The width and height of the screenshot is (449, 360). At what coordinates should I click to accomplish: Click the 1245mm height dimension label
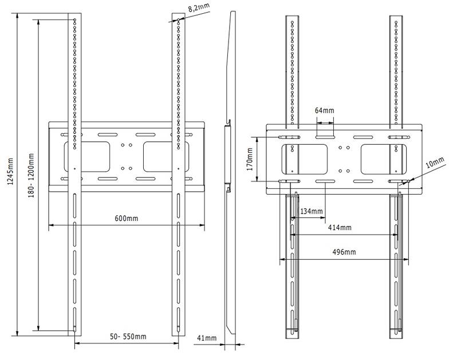(10, 171)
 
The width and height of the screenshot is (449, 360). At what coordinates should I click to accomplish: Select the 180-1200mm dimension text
(31, 176)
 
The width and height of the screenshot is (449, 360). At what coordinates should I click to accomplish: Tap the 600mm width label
(126, 219)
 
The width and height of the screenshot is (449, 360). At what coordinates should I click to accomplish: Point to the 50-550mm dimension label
(128, 337)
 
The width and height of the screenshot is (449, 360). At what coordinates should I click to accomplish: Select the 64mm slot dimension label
(324, 110)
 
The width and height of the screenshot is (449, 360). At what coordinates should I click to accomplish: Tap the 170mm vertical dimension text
(250, 159)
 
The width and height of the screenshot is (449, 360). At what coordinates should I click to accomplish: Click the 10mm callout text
(435, 163)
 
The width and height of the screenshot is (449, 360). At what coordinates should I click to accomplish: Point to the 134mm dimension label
(312, 212)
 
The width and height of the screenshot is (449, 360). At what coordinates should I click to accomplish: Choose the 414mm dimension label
(340, 228)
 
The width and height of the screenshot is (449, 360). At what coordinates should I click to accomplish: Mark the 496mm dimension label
(344, 252)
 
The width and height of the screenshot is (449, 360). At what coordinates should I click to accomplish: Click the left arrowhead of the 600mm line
(51, 226)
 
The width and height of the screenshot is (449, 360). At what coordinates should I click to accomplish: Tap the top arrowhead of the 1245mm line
(18, 15)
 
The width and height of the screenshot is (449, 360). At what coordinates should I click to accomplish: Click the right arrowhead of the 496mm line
(405, 260)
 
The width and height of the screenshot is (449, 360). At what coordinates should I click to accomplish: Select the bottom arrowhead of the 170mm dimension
(257, 179)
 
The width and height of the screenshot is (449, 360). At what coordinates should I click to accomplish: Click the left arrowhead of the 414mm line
(293, 235)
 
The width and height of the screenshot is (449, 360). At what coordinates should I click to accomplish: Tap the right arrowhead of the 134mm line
(323, 217)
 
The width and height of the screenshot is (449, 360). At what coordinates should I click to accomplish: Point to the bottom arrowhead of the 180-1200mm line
(38, 328)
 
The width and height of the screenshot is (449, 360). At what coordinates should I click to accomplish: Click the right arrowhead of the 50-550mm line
(176, 343)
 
